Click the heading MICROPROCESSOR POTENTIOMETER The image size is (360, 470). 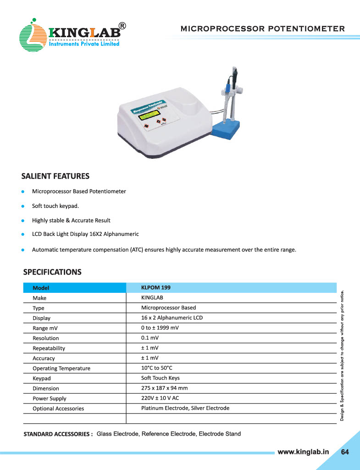(x=263, y=28)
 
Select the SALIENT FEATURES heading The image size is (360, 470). (x=55, y=176)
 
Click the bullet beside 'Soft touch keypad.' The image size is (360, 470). (x=22, y=206)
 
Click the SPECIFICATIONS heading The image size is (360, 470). (x=52, y=272)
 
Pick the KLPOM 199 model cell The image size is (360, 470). (x=156, y=288)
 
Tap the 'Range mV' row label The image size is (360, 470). (x=45, y=328)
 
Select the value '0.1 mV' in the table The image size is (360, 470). (x=150, y=338)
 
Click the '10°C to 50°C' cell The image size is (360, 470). (x=157, y=368)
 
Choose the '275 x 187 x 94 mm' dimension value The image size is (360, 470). (x=164, y=388)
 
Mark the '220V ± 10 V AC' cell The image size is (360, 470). (x=160, y=398)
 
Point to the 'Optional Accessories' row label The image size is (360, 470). (x=58, y=408)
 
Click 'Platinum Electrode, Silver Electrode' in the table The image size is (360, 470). (x=185, y=408)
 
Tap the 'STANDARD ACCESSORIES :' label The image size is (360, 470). (x=58, y=434)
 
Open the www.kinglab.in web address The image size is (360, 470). (x=304, y=452)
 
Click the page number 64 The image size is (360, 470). (x=345, y=452)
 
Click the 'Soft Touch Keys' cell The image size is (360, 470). (x=161, y=378)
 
